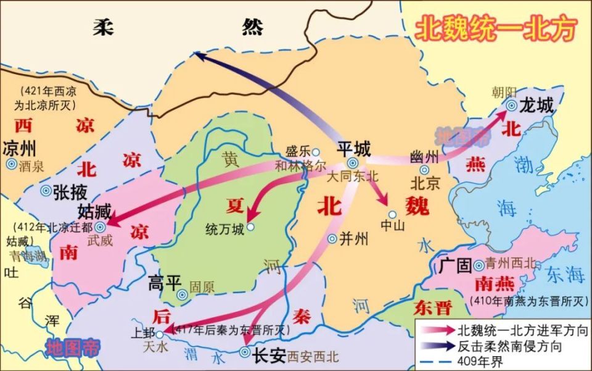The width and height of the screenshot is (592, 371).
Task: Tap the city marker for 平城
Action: [x=352, y=163]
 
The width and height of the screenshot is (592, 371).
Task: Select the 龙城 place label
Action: [x=536, y=104]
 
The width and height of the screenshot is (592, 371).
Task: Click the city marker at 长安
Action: [x=244, y=354]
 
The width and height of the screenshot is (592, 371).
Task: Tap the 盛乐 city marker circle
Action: [x=316, y=151]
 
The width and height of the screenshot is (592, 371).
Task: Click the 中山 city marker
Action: [x=392, y=215]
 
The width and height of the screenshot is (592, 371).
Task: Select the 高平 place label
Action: [x=165, y=283]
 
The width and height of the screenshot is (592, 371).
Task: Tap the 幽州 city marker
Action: [x=424, y=170]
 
